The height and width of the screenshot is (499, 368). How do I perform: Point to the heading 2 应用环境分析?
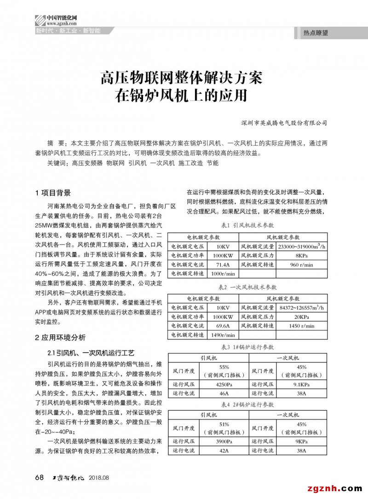tap(60, 337)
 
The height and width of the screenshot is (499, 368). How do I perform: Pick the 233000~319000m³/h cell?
tap(302, 247)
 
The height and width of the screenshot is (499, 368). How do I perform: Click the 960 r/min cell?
tap(302, 264)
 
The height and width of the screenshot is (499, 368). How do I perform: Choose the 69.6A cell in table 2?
tap(223, 326)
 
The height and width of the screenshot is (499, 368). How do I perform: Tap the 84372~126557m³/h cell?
tap(302, 308)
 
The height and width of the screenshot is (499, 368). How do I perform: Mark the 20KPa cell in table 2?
tap(302, 317)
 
